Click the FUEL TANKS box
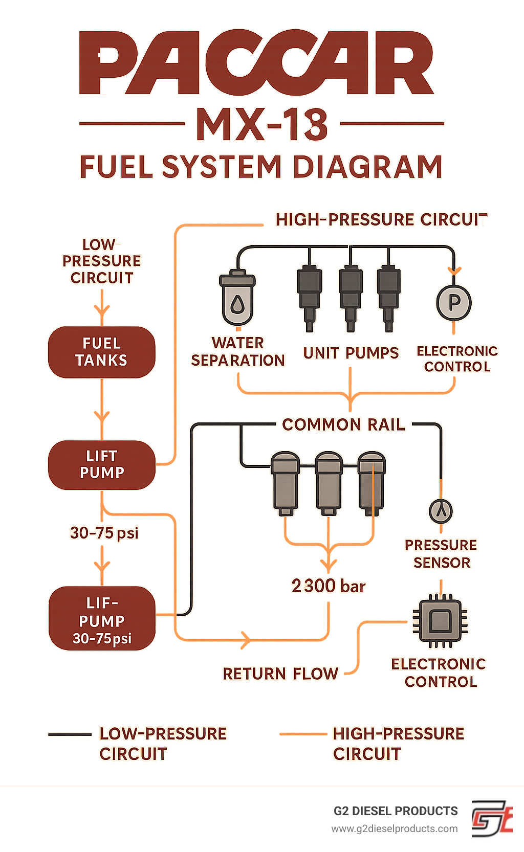click(x=101, y=352)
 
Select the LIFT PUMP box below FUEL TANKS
click(x=101, y=464)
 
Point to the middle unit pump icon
click(x=351, y=297)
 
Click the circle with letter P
click(x=454, y=303)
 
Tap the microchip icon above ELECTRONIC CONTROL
click(x=440, y=621)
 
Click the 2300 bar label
click(x=329, y=586)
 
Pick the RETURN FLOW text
click(x=280, y=674)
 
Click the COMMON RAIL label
click(x=343, y=424)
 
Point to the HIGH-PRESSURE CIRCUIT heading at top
click(x=381, y=219)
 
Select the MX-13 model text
click(x=261, y=124)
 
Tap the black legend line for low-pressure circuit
click(x=70, y=735)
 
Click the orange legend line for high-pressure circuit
click(x=302, y=734)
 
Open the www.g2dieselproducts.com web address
click(x=395, y=828)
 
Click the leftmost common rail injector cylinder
click(x=285, y=483)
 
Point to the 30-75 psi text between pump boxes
click(x=104, y=533)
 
